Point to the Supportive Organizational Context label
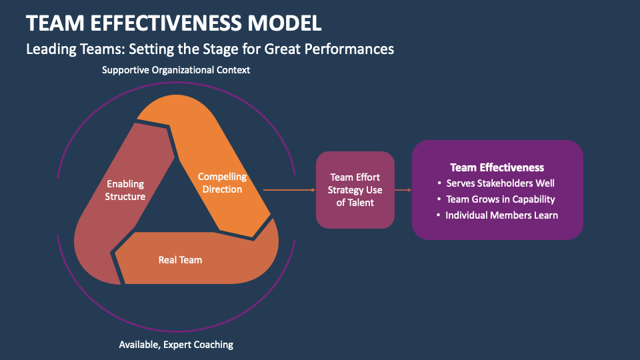(x=176, y=70)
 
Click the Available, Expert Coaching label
(x=176, y=345)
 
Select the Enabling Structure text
(x=125, y=190)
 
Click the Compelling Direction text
(x=222, y=183)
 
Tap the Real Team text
(x=180, y=259)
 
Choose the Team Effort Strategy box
(x=355, y=190)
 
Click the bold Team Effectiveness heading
(x=497, y=167)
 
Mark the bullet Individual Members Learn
(x=501, y=215)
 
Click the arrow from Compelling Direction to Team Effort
(x=289, y=190)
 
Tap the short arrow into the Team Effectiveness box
(x=403, y=190)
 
